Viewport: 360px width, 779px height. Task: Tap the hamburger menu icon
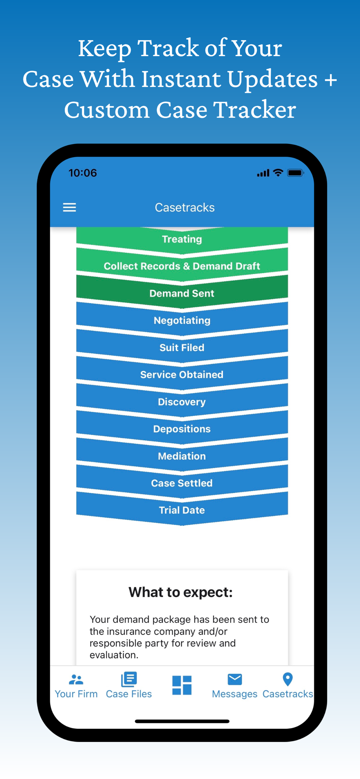(x=69, y=207)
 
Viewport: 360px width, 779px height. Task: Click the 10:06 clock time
(x=83, y=173)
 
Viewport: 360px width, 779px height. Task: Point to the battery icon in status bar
(x=295, y=173)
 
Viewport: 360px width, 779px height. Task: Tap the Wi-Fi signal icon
(x=278, y=173)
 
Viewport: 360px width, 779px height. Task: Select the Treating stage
(x=182, y=239)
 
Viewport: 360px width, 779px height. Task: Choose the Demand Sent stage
(x=182, y=293)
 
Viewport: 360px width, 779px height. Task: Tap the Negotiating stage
(x=182, y=321)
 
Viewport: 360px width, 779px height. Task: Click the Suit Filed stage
(x=182, y=347)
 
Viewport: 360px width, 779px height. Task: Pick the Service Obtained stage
(x=182, y=375)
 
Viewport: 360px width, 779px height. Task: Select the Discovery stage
(x=182, y=402)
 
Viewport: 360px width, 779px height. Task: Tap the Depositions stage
(x=182, y=429)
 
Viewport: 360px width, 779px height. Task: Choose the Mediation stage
(x=182, y=456)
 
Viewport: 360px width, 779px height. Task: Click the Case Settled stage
(x=182, y=483)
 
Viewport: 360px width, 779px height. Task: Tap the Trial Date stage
(x=182, y=510)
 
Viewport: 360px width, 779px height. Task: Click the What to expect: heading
(x=181, y=592)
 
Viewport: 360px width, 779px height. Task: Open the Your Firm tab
(x=76, y=686)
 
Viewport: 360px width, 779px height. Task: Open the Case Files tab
(x=129, y=686)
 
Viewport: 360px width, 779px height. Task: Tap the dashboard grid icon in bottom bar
(x=182, y=685)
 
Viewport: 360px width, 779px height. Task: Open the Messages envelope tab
(x=235, y=686)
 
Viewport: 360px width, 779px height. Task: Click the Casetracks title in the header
(x=185, y=207)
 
